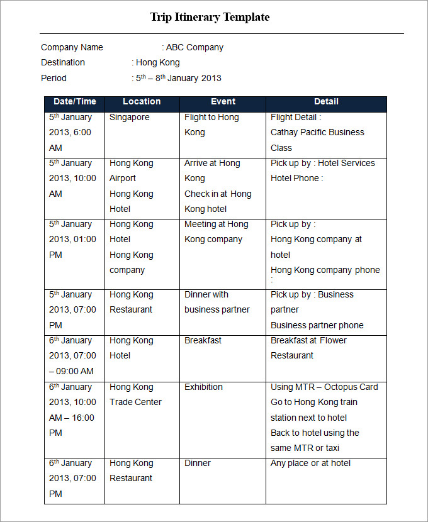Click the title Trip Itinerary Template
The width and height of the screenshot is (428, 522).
click(210, 17)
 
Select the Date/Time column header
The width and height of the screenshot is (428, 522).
click(75, 101)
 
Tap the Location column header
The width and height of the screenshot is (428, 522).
click(142, 101)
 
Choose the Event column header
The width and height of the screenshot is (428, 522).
click(223, 101)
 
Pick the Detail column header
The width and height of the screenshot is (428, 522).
click(326, 101)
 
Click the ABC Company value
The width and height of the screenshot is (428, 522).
click(194, 47)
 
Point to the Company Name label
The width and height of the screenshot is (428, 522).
click(72, 47)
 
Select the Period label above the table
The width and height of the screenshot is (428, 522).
click(53, 78)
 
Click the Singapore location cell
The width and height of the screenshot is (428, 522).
click(130, 117)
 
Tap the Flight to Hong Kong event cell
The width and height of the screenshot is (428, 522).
click(211, 125)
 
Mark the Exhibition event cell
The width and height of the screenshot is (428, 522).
click(203, 387)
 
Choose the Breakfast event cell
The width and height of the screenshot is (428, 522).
click(203, 340)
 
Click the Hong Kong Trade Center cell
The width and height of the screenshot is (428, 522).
click(135, 394)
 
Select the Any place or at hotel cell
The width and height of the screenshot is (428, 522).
click(311, 463)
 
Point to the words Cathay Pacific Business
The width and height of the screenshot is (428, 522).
click(317, 132)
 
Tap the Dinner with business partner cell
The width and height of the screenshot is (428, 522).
click(217, 302)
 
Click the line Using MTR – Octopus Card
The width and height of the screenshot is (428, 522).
click(324, 387)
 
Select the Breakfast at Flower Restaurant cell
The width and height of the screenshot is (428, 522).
click(308, 348)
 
